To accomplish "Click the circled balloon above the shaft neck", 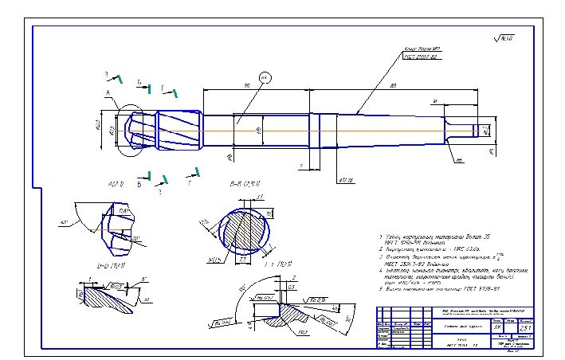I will tap(266, 76).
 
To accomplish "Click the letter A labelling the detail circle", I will tap(106, 93).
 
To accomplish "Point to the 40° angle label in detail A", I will tap(64, 223).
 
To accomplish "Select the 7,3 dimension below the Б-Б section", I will tap(243, 259).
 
